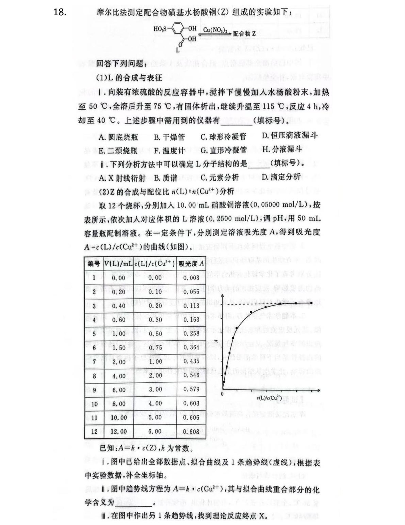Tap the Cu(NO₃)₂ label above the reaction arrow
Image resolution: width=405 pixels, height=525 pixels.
[x=215, y=30]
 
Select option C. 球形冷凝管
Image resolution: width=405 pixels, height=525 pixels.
[x=223, y=137]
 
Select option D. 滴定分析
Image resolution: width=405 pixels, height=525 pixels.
[x=281, y=177]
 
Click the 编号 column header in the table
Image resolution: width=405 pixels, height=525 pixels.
[x=94, y=263]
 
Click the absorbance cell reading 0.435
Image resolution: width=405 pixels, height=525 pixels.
[x=191, y=361]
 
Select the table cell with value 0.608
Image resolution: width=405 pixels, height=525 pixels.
[x=191, y=431]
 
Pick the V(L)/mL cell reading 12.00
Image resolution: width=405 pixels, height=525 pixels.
[x=118, y=431]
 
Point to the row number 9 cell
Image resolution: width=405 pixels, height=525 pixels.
[x=94, y=389]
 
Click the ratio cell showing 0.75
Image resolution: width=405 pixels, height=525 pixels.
[x=155, y=348]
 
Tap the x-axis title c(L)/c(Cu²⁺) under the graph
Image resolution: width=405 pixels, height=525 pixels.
[x=270, y=397]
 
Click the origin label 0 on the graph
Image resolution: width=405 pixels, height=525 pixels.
[x=222, y=394]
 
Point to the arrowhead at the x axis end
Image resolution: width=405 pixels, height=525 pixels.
[x=320, y=389]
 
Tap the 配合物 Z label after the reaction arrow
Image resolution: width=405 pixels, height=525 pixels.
[x=244, y=33]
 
